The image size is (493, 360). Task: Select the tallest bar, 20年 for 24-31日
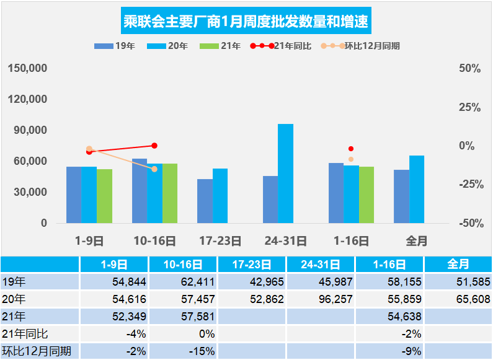(x=285, y=173)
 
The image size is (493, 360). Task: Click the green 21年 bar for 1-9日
(x=104, y=196)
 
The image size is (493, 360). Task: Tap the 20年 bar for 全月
(x=417, y=189)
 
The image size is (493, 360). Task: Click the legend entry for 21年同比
(x=281, y=46)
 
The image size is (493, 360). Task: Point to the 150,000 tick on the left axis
(x=28, y=68)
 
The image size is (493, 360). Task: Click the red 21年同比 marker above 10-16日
(x=154, y=146)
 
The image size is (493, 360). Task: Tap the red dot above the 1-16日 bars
(x=351, y=149)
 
